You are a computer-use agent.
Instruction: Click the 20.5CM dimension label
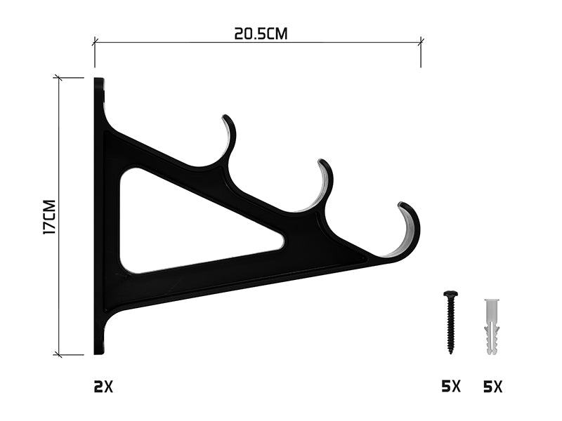click(261, 34)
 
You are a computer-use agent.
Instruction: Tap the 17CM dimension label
click(49, 218)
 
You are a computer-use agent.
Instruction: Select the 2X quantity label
click(103, 387)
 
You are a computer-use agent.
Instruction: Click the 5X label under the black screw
click(451, 387)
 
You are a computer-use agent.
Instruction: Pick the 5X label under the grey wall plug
click(493, 387)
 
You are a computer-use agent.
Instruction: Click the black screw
click(450, 322)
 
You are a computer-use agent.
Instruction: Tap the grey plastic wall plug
click(492, 327)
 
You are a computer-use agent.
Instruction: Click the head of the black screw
click(450, 294)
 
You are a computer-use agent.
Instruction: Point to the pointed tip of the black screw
click(450, 353)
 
